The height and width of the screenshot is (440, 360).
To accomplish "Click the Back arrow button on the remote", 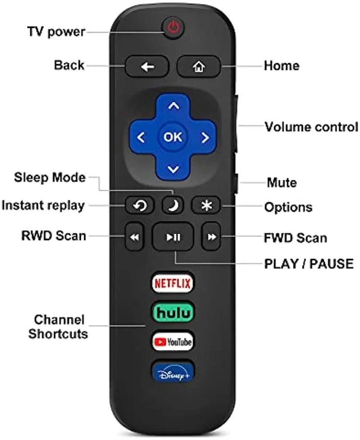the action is pyautogui.click(x=147, y=67).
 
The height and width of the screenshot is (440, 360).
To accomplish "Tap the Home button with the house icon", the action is pyautogui.click(x=198, y=67).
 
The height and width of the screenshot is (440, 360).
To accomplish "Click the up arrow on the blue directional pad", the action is pyautogui.click(x=174, y=107).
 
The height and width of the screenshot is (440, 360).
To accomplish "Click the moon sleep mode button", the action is pyautogui.click(x=173, y=205).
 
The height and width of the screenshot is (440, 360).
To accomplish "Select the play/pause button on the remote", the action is pyautogui.click(x=173, y=237).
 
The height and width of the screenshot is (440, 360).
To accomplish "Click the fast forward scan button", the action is pyautogui.click(x=211, y=237).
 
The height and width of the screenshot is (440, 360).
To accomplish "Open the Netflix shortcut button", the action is pyautogui.click(x=173, y=283).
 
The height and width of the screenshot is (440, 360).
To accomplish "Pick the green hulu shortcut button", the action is pyautogui.click(x=173, y=312).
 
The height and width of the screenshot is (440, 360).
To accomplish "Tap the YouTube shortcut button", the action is pyautogui.click(x=173, y=341).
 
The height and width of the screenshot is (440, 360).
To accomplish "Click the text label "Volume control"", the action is pyautogui.click(x=311, y=127).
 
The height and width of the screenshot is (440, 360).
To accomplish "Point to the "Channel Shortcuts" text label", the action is pyautogui.click(x=58, y=327).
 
